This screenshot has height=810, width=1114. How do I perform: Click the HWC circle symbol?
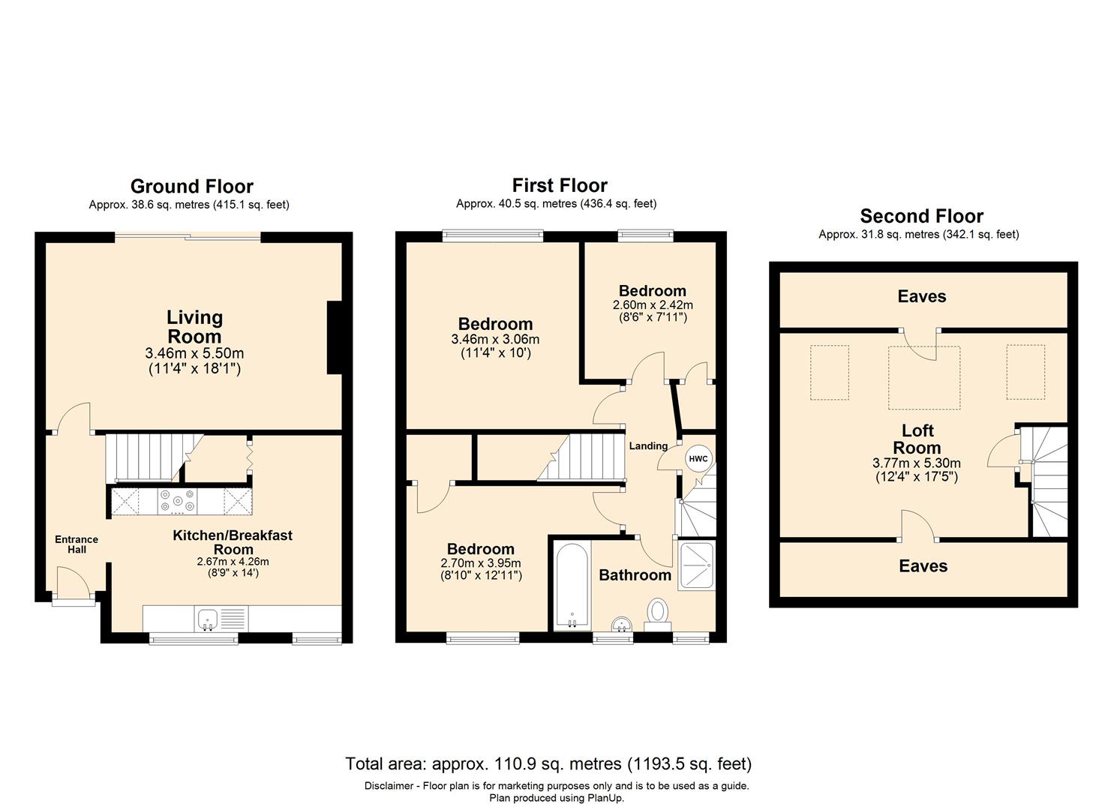point(698,458)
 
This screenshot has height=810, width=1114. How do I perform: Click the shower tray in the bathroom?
point(697,565)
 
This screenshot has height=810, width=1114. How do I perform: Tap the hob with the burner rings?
point(177,501)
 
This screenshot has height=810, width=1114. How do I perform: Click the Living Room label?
point(194,327)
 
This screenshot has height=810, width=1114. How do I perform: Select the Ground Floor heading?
point(192,187)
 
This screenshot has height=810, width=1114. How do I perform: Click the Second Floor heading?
point(921,216)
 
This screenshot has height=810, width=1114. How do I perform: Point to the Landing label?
point(648,446)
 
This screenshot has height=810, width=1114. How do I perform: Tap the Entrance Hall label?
point(77,544)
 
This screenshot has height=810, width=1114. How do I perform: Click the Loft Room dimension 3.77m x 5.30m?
point(917,463)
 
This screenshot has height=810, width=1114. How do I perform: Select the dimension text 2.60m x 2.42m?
point(653,304)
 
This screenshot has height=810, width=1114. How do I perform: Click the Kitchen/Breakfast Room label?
point(233,542)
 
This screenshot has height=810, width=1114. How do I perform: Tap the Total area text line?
point(548,763)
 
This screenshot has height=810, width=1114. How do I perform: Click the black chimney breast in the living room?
point(335,337)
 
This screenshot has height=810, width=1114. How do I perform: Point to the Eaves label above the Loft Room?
point(921,296)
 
